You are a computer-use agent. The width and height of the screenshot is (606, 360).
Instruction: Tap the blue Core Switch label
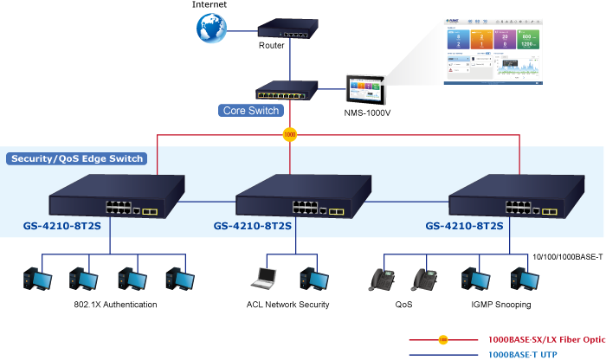[251, 111]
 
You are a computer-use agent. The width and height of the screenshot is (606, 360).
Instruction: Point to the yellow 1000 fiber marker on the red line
[289, 134]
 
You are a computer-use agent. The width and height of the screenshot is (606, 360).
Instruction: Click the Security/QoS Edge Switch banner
[77, 158]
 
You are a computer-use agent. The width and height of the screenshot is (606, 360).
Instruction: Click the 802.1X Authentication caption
[115, 305]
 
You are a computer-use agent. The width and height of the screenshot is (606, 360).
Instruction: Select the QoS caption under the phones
[403, 305]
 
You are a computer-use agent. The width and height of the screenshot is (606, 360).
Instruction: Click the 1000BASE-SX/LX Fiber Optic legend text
[546, 339]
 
